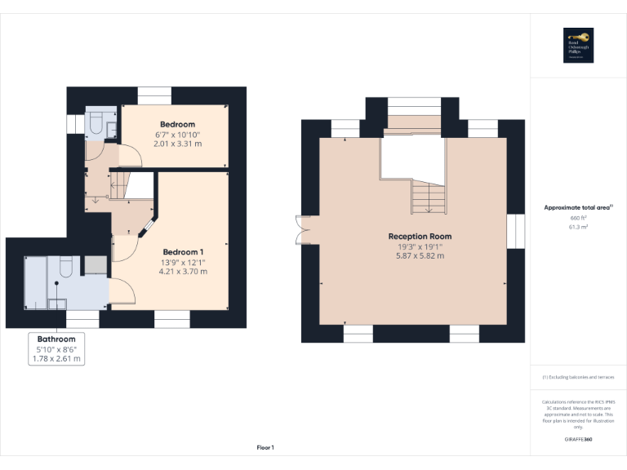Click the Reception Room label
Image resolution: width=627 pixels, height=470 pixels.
420,237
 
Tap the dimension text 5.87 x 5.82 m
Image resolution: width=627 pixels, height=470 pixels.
420,255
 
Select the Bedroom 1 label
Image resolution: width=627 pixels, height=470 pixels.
183,251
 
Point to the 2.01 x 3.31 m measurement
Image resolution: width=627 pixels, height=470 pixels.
177,144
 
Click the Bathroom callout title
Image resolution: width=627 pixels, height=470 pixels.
56,339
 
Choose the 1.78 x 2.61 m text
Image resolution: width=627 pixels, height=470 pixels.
56,358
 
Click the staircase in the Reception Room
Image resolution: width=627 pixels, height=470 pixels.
425,196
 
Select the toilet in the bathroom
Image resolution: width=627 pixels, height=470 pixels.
67,267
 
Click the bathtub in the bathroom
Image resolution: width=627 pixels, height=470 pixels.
35,282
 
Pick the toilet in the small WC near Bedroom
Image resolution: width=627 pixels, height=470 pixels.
95,122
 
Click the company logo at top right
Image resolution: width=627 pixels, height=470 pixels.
578,46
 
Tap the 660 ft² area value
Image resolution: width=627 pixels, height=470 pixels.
578,218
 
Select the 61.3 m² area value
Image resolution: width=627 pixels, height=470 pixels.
578,228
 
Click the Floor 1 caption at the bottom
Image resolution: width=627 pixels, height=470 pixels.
265,447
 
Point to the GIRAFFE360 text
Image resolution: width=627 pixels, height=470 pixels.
578,440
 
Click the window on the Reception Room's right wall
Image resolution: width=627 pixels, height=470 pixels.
514,230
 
